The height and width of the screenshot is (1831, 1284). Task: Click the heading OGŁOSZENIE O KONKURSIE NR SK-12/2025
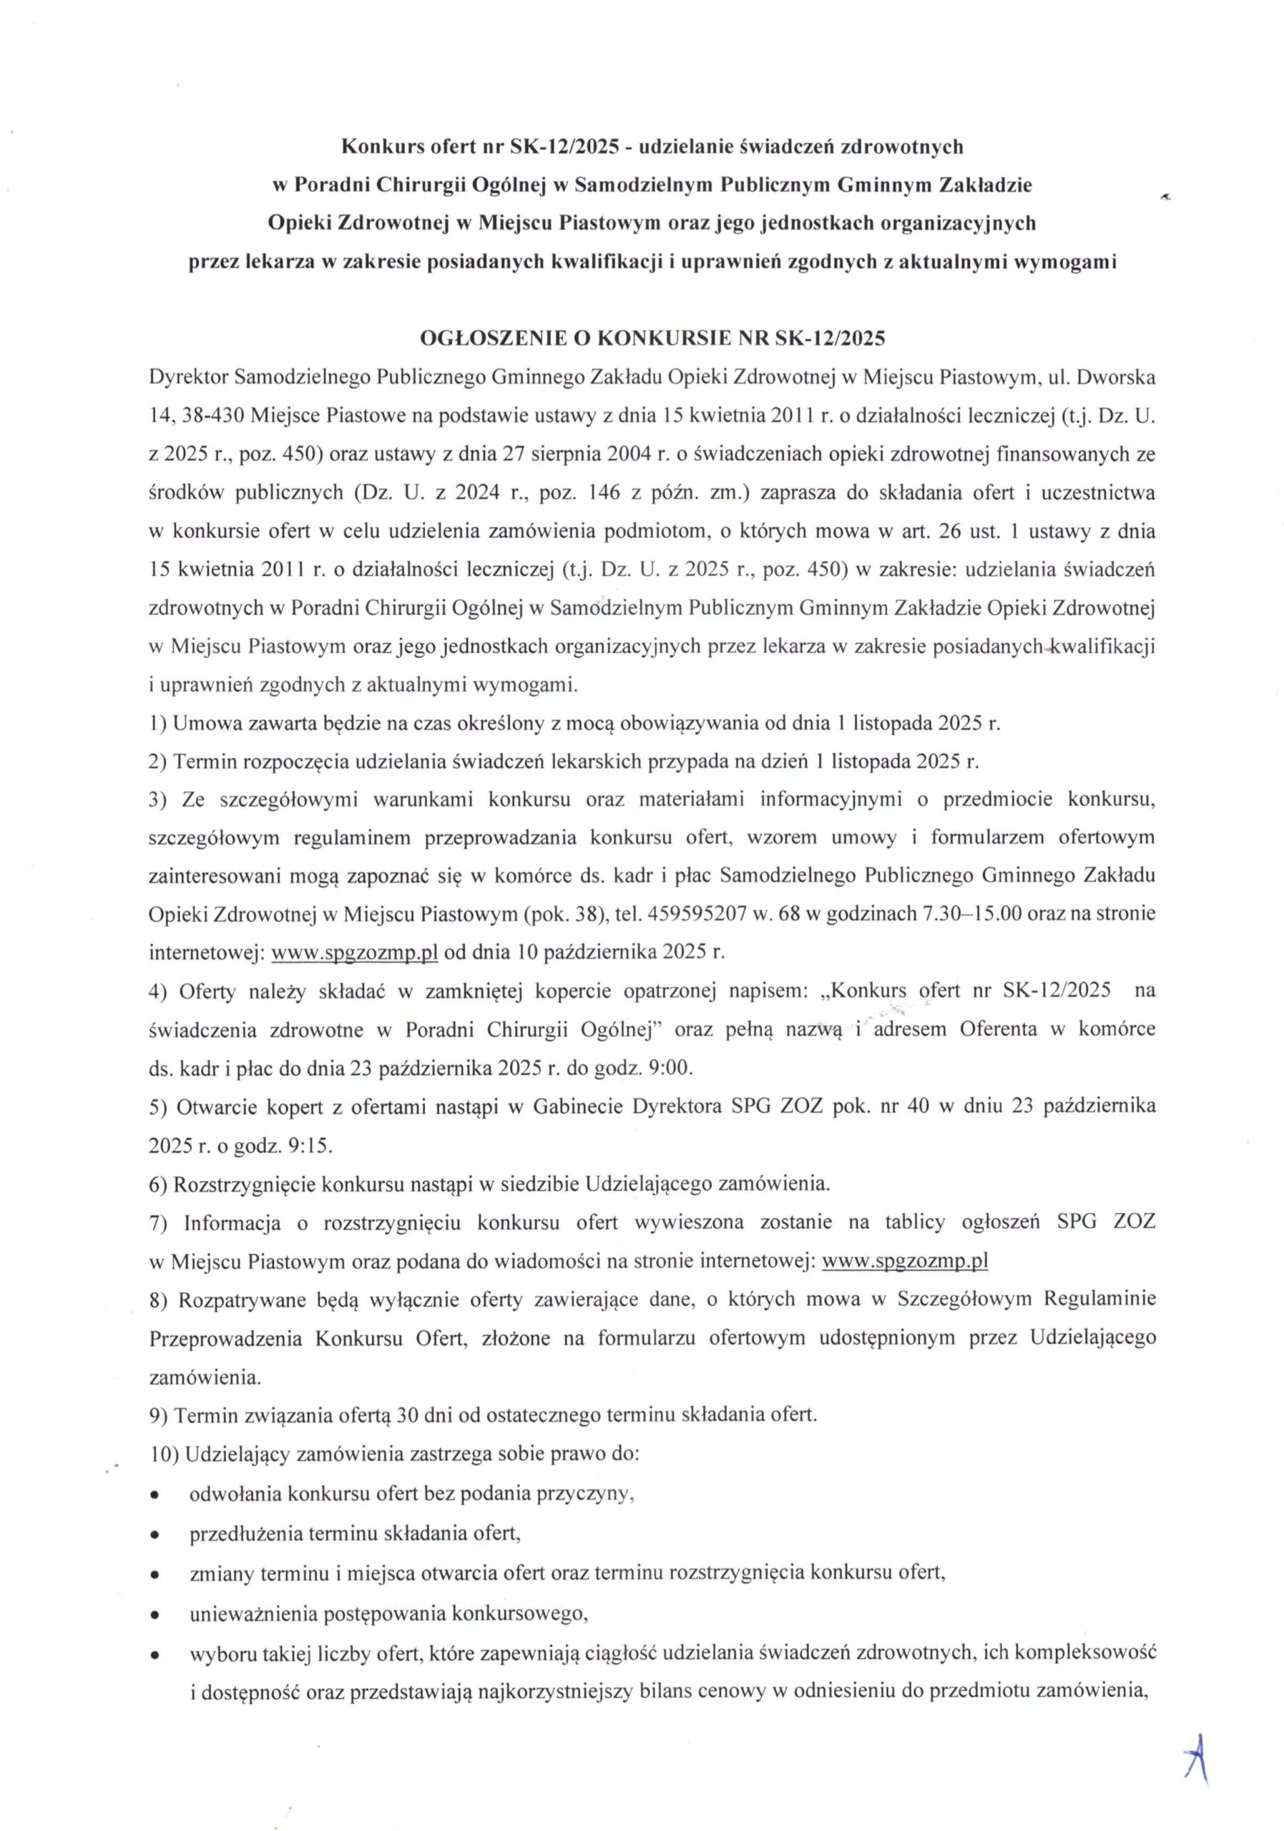pos(652,338)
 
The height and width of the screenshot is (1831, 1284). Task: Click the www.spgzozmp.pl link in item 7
pos(904,1261)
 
